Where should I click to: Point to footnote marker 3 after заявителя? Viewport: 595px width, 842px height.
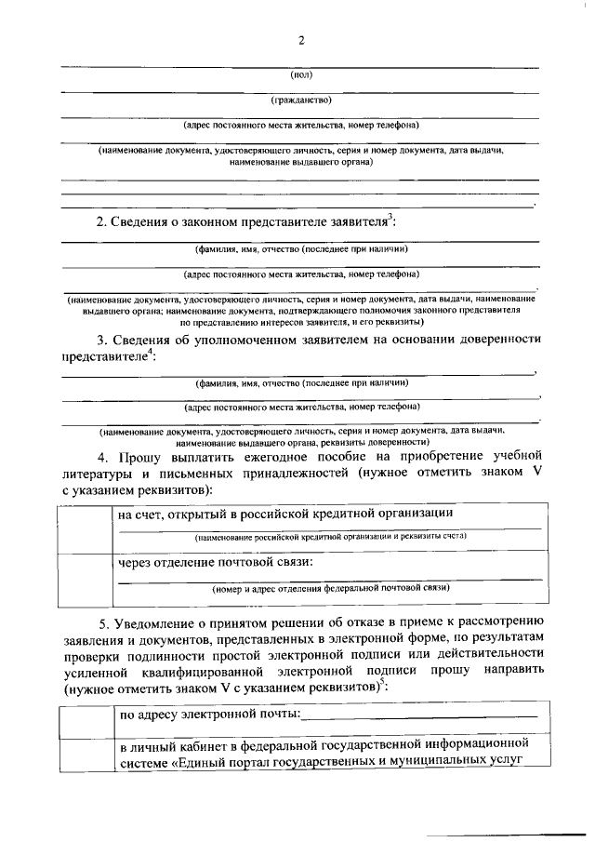392,218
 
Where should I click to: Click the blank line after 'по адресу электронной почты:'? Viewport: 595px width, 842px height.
419,715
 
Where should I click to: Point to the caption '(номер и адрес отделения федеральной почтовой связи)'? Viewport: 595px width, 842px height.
331,588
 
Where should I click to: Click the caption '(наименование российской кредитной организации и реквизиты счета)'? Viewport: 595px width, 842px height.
331,538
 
